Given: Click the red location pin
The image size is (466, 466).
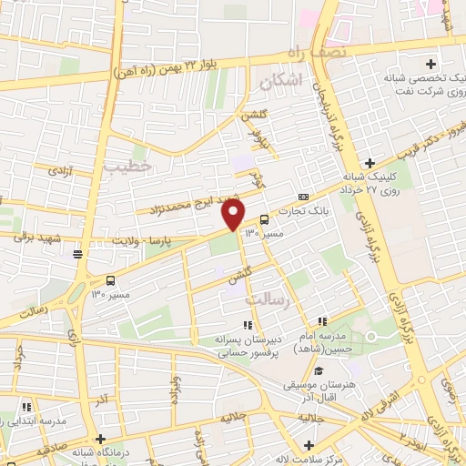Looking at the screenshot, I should point(234,213).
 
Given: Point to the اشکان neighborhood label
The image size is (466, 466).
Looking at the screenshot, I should point(279,83).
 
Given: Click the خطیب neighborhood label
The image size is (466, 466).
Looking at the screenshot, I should point(123,166).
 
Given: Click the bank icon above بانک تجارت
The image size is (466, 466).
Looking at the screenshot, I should point(303,197).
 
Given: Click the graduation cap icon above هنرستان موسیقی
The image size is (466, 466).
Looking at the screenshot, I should point(319,370).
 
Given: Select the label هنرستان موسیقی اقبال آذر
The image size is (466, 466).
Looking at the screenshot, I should point(319,390).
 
